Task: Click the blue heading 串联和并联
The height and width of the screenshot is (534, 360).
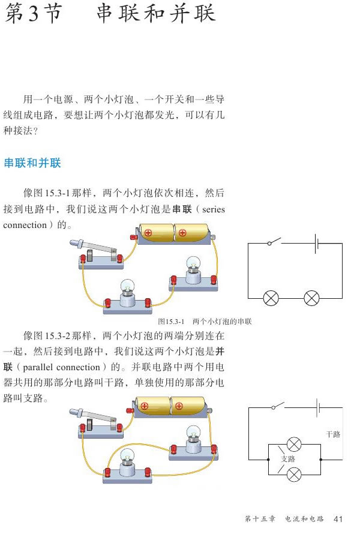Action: click(32, 163)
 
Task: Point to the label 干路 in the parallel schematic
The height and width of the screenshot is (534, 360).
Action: click(333, 434)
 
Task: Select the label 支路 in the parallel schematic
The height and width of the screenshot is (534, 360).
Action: click(288, 459)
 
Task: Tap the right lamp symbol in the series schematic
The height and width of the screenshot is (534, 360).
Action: click(311, 298)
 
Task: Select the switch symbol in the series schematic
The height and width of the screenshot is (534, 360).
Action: click(274, 242)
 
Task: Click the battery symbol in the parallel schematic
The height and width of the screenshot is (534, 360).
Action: click(318, 408)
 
